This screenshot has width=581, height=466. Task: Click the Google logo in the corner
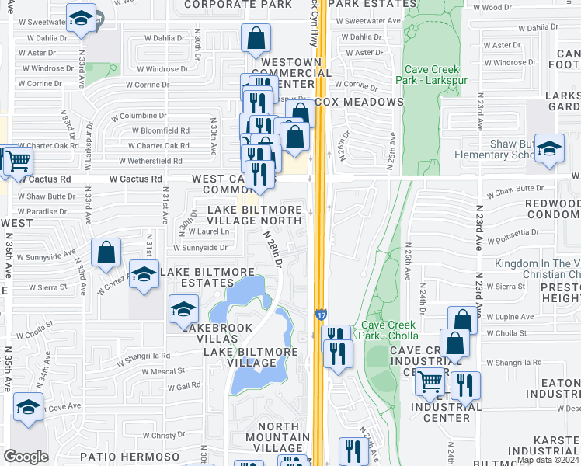[x=26, y=457]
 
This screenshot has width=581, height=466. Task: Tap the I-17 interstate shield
[x=321, y=315]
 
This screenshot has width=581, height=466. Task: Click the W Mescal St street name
[x=162, y=371]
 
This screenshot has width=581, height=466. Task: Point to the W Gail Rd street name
[x=172, y=386]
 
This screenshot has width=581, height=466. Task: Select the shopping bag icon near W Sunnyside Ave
[x=106, y=252]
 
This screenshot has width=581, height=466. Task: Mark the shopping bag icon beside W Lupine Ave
[x=462, y=319]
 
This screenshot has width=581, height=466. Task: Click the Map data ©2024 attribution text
[x=548, y=460]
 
